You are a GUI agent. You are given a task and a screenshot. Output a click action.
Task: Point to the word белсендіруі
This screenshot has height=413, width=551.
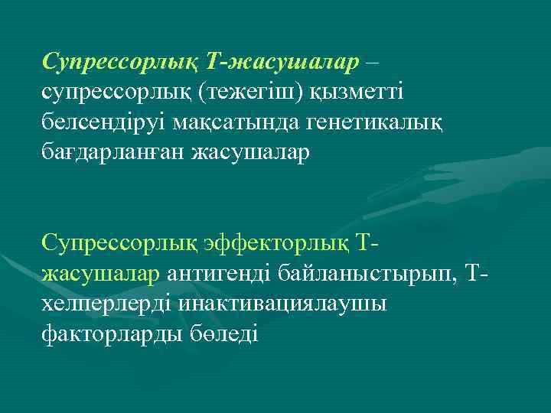(103, 122)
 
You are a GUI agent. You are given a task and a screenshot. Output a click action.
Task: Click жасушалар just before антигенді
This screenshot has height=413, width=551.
(101, 274)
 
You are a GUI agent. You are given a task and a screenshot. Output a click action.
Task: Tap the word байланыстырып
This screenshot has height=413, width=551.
(371, 274)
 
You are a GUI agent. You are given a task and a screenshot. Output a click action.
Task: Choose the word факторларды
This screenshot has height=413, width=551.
(110, 334)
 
